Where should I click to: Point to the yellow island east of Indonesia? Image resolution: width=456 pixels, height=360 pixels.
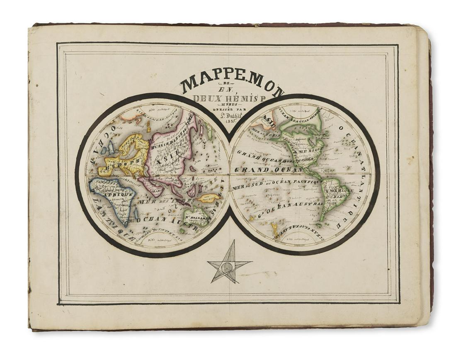209,198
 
